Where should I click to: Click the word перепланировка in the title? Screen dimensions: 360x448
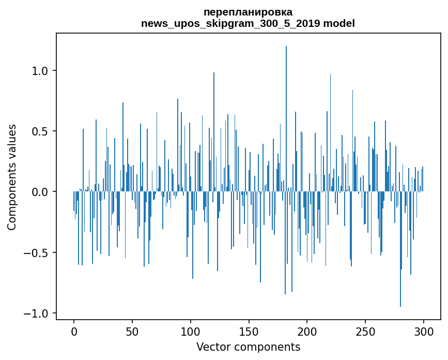(248, 12)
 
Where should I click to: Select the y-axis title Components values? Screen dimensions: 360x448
(12, 177)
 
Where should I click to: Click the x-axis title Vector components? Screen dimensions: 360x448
(248, 347)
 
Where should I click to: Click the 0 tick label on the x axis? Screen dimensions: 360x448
(74, 331)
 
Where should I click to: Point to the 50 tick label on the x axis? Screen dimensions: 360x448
(132, 331)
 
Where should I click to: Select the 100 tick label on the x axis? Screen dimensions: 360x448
(191, 331)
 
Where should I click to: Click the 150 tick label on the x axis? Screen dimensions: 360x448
(249, 331)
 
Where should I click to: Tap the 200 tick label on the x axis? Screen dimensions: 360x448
(307, 331)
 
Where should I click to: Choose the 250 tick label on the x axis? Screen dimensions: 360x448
(366, 331)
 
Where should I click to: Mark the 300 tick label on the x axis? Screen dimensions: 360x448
(424, 331)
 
